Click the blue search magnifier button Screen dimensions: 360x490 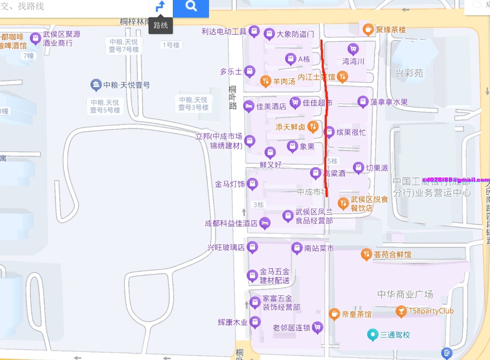(x=191, y=6)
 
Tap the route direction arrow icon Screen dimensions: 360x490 (x=161, y=6)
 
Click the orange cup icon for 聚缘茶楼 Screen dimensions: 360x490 (x=368, y=29)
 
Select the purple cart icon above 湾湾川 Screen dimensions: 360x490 (x=353, y=49)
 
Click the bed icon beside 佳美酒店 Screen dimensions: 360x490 (x=249, y=106)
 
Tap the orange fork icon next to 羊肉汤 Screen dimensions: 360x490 (x=265, y=81)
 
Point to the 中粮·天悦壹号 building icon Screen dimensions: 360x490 (x=96, y=85)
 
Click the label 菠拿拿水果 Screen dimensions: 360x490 (x=389, y=102)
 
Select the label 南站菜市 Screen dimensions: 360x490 (x=319, y=248)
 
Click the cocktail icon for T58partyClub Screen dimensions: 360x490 (x=401, y=311)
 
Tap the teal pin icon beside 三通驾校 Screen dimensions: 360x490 (x=372, y=335)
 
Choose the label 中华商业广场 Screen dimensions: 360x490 (x=405, y=294)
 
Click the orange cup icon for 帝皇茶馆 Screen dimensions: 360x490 (x=334, y=314)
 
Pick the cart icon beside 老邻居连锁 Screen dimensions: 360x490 (x=318, y=327)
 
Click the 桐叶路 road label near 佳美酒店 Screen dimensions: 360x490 (x=233, y=98)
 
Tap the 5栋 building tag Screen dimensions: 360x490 (x=332, y=161)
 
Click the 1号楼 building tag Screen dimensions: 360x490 (x=171, y=45)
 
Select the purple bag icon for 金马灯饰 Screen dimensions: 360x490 (x=252, y=184)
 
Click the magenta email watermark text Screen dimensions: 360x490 (x=456, y=179)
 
